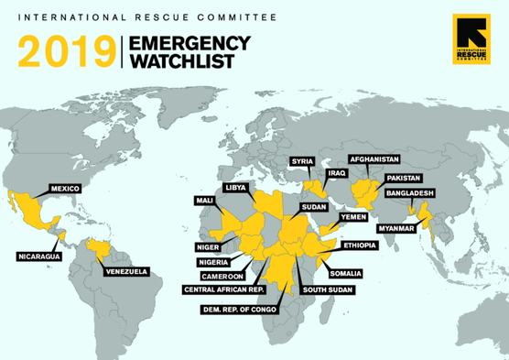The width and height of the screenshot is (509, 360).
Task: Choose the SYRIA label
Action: (302, 161)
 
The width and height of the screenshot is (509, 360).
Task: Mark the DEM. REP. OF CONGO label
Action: (241, 310)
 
